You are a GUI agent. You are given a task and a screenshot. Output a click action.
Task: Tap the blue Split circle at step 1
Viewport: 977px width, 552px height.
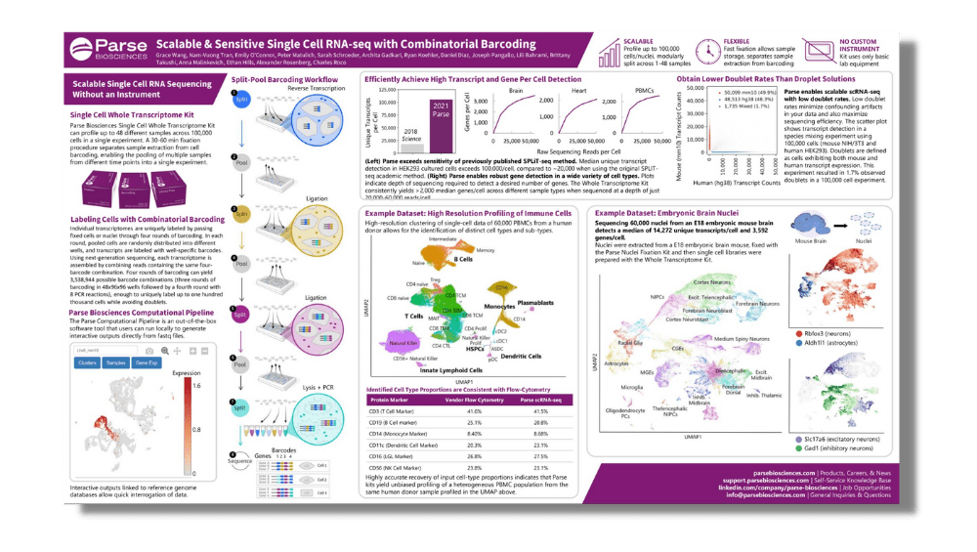[x=239, y=101]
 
